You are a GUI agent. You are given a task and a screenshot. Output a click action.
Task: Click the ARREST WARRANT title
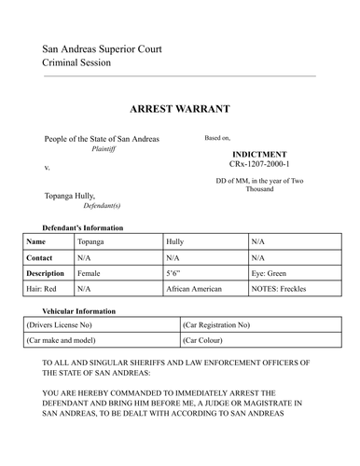[x=179, y=109]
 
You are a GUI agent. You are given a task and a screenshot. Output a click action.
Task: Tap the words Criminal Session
[x=76, y=62]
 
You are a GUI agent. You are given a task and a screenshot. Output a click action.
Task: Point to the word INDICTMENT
[x=258, y=154]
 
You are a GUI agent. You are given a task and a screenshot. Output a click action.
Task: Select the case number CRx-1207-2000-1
[x=258, y=164]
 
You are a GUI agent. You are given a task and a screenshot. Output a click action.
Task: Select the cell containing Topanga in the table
[x=91, y=240]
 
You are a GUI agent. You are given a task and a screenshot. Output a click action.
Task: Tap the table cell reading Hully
[x=174, y=240]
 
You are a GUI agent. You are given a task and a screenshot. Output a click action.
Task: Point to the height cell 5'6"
[x=174, y=273]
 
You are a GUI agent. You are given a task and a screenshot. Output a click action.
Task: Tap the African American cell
[x=194, y=289]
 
